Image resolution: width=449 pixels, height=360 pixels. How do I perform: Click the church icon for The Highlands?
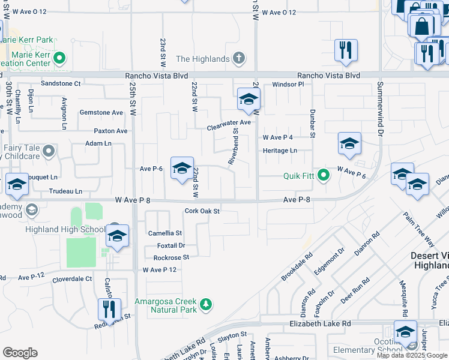[x=238, y=58]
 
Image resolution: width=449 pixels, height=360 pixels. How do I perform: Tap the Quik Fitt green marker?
[x=324, y=176]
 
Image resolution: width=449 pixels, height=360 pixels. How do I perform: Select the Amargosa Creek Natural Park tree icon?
[x=206, y=305]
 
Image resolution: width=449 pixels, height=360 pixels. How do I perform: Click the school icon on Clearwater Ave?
[x=247, y=101]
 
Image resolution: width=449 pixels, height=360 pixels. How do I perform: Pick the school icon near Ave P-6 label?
[x=181, y=169]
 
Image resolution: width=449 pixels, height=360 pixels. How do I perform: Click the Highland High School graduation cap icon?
[x=117, y=236]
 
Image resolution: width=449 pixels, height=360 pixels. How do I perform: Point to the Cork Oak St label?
[x=202, y=211]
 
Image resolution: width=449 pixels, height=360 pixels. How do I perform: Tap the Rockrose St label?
[x=171, y=257]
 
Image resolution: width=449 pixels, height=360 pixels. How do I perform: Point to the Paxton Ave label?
[x=110, y=131]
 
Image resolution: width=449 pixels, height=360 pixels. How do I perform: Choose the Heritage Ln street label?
[x=280, y=150]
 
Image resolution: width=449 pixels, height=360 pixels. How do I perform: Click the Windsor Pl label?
[x=289, y=85]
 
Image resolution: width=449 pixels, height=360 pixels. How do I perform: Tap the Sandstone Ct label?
[x=60, y=83]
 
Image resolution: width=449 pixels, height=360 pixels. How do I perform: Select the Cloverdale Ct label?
[x=72, y=279]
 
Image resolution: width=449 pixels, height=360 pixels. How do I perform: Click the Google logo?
[x=19, y=353]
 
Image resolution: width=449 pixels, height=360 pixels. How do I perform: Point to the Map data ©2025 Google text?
[x=412, y=355]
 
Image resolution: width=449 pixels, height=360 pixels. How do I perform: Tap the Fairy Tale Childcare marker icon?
[x=48, y=151]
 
